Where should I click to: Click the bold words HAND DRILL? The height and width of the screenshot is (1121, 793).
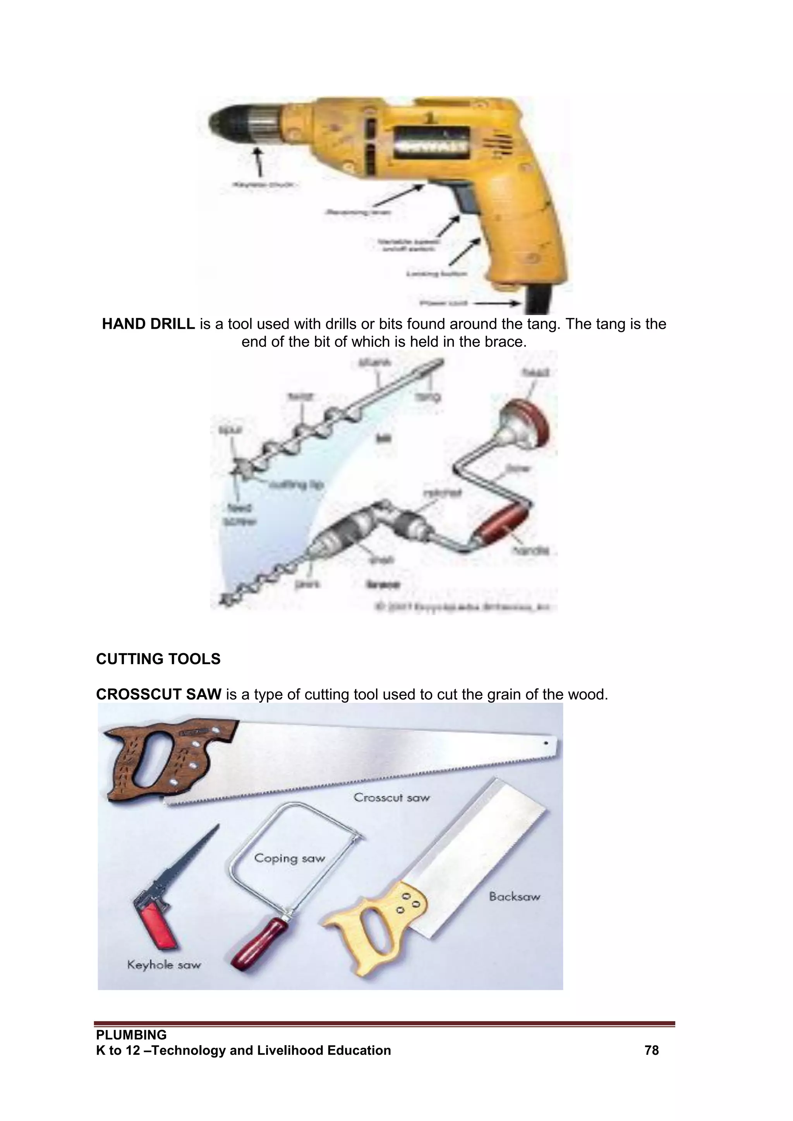point(148,324)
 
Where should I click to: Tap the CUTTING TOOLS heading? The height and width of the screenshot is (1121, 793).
point(158,659)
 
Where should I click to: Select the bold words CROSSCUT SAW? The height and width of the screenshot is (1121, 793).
point(159,694)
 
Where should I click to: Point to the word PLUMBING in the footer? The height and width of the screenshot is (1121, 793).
point(131,1035)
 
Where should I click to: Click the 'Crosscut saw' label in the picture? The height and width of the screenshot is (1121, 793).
point(391,797)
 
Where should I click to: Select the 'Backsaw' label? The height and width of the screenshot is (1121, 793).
point(515,896)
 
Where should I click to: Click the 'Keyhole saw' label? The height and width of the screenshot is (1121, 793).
point(163,965)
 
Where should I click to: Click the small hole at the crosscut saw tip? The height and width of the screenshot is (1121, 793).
point(546,744)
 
